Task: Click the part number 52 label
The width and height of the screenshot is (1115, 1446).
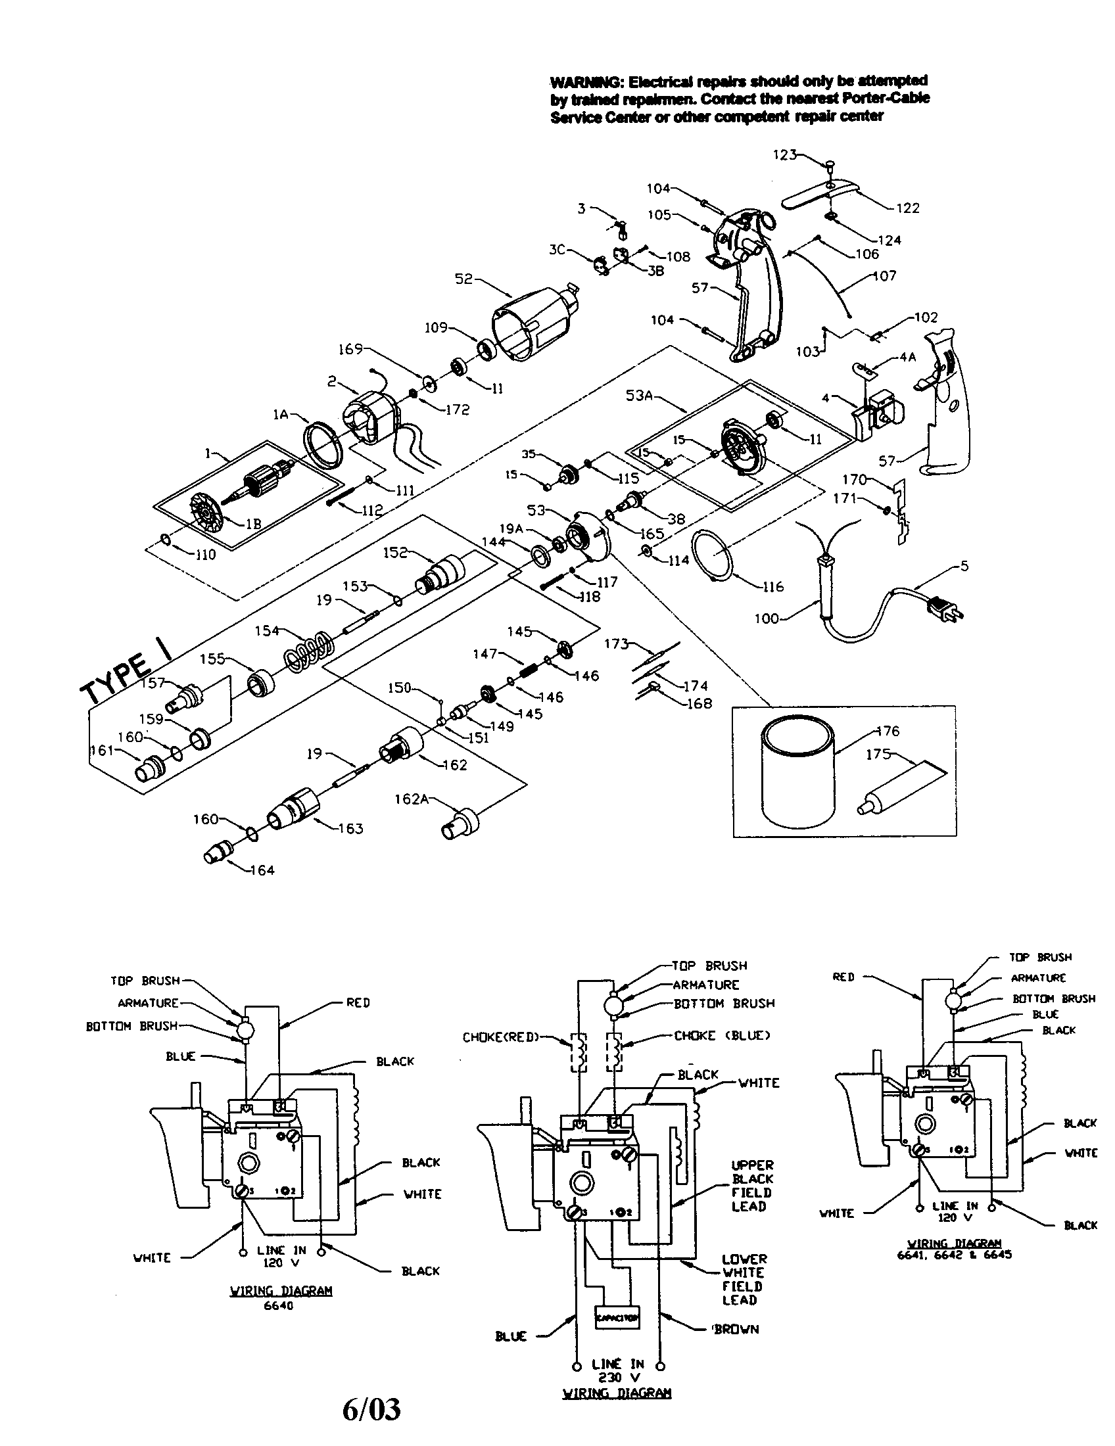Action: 463,279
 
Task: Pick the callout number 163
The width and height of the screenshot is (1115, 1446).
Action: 350,828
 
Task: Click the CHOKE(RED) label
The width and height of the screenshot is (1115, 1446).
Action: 500,1037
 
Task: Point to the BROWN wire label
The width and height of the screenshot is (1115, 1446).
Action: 736,1329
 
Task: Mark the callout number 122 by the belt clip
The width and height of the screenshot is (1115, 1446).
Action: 907,208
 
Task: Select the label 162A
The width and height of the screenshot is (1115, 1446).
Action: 410,799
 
